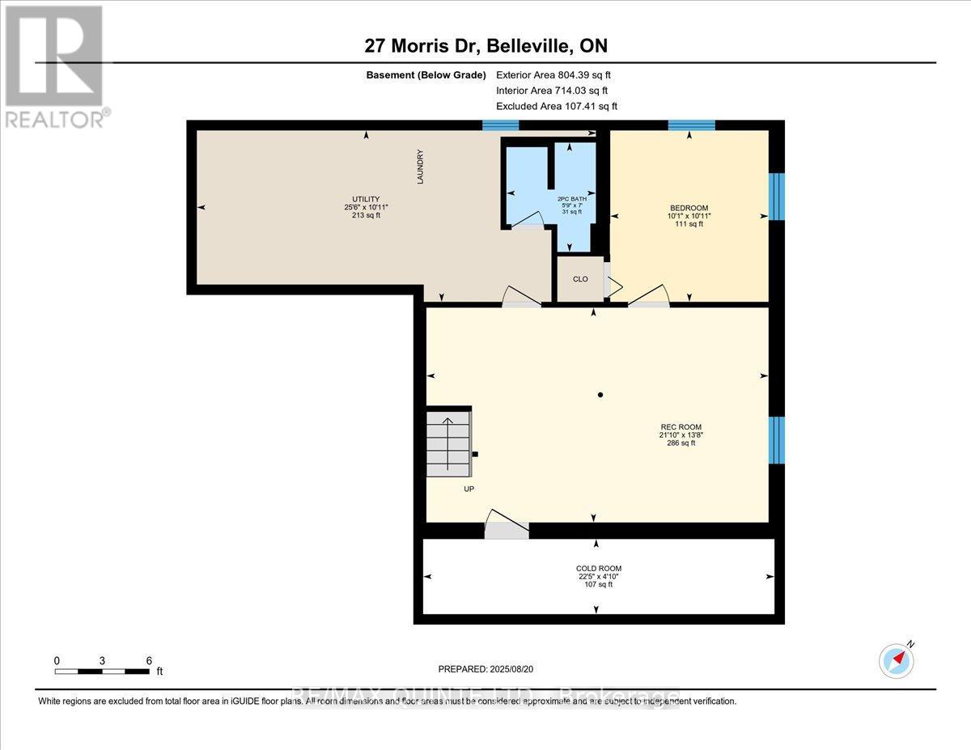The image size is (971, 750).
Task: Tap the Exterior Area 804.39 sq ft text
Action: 559,75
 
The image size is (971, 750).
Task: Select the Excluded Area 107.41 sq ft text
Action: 557,106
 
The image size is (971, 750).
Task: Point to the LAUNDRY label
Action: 420,167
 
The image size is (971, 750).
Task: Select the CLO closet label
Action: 580,279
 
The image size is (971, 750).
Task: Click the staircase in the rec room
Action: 448,442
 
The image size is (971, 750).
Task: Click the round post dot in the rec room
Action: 600,395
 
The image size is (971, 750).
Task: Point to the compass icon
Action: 896,660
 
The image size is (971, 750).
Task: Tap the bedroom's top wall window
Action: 691,125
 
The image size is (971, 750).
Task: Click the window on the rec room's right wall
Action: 776,440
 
